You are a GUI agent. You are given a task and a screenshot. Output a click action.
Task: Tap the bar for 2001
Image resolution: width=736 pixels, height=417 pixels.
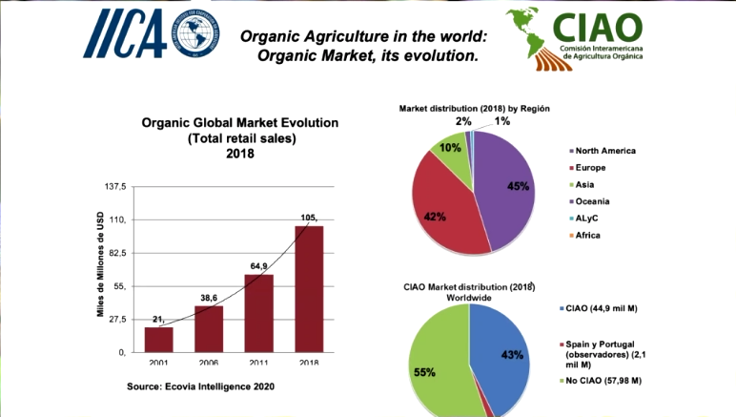point(158,340)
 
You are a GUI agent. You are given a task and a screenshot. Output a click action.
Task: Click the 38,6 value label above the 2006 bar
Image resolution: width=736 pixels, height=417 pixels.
point(209,298)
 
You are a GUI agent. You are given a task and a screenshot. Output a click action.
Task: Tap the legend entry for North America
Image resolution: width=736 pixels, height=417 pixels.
point(604,151)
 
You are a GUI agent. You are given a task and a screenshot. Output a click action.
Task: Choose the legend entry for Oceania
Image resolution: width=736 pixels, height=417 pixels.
point(593,200)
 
